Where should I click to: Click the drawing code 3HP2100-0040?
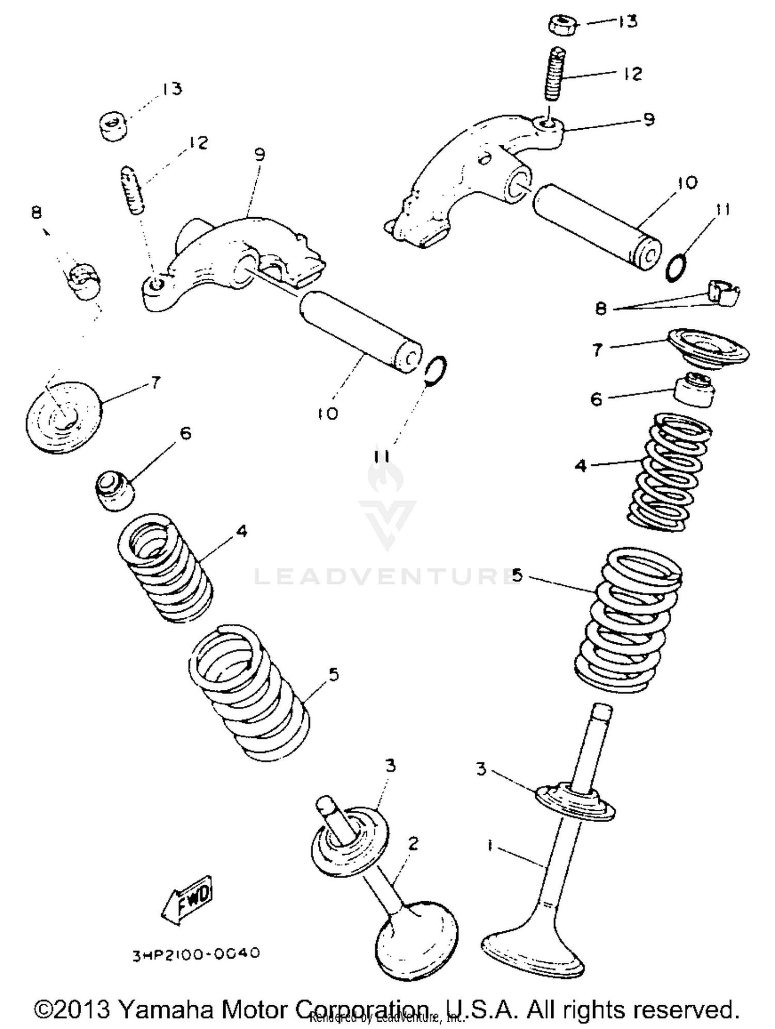pos(196,953)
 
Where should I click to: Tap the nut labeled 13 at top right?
pos(562,25)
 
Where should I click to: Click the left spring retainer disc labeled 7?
pos(64,417)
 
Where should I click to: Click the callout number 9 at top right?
pos(649,119)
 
